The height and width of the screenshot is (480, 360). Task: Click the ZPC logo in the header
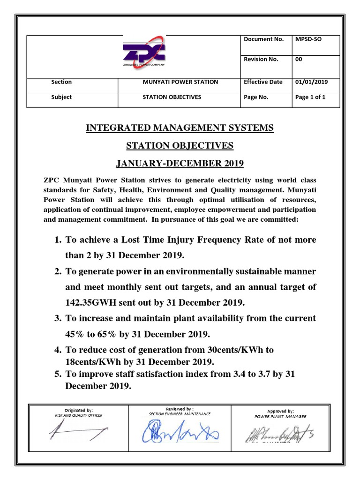(x=144, y=53)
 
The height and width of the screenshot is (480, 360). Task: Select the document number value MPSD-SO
(x=308, y=39)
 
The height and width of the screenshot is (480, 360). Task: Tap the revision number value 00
(x=299, y=59)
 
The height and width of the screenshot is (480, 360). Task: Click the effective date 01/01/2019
(x=311, y=82)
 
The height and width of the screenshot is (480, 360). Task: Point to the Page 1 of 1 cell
(x=310, y=97)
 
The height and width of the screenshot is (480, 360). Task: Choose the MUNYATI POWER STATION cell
(x=180, y=82)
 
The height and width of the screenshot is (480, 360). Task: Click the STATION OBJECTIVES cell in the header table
(x=172, y=97)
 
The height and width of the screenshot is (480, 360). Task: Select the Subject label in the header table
(x=61, y=97)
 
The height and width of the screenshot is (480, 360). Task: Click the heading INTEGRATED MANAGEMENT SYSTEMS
(x=180, y=128)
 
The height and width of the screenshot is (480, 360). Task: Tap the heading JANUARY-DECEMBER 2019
(x=180, y=164)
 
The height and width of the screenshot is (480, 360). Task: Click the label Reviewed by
(x=180, y=409)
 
